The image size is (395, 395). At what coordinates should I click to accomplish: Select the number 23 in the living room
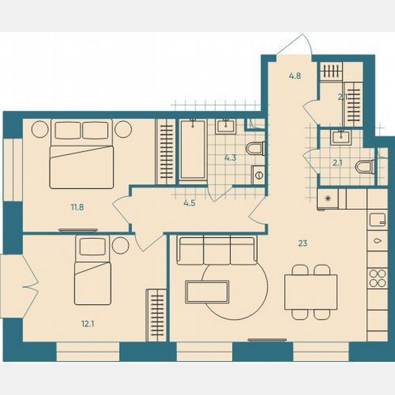(302, 243)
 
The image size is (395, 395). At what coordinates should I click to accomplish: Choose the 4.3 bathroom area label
(230, 159)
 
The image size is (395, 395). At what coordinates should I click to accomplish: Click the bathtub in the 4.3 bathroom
(193, 151)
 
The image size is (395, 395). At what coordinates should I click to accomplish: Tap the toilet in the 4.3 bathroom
(254, 149)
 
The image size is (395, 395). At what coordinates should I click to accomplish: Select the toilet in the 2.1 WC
(366, 167)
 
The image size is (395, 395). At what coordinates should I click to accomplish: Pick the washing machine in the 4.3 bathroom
(258, 175)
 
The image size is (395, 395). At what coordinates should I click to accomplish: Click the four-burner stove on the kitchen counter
(378, 278)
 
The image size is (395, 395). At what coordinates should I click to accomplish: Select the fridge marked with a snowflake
(327, 198)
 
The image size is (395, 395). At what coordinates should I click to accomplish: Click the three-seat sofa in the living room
(217, 251)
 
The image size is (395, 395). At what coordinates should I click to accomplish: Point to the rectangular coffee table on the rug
(207, 292)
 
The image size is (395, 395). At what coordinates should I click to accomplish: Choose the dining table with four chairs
(311, 292)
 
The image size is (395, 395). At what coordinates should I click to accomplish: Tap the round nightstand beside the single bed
(121, 246)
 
